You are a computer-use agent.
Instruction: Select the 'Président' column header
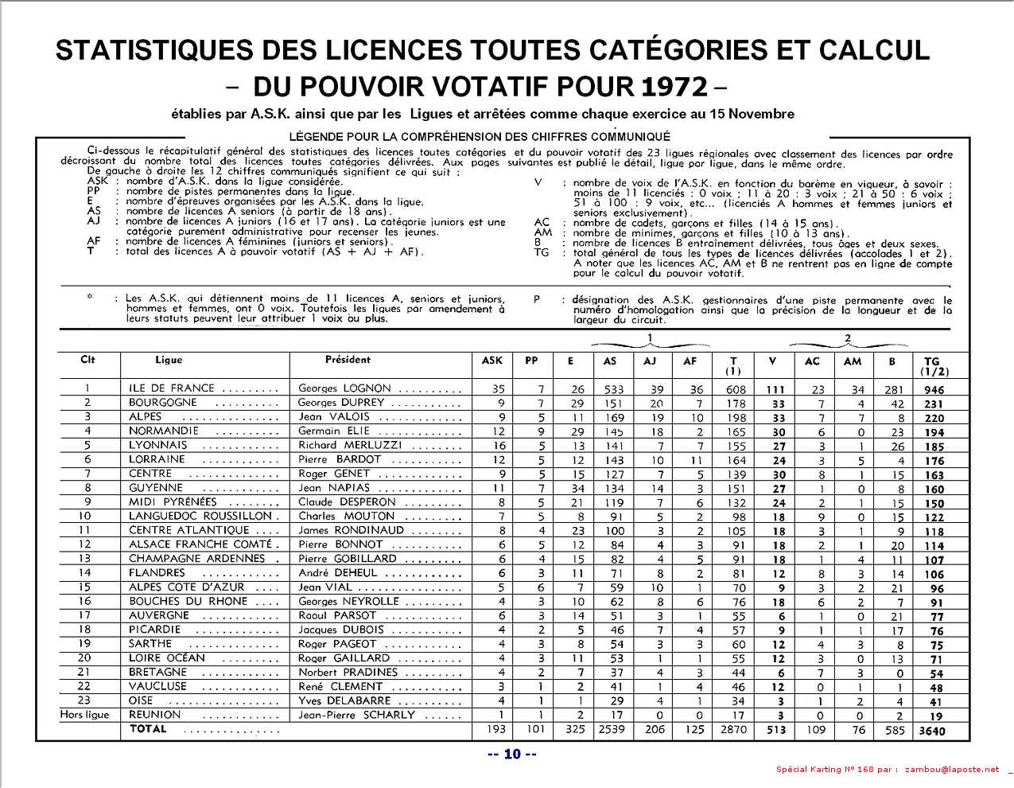(x=348, y=360)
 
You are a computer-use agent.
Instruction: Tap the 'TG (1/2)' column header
(x=932, y=366)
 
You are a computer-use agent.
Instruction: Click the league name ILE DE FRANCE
(x=172, y=388)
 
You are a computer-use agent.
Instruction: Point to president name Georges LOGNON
(x=344, y=388)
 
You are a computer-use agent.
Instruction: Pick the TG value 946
(x=934, y=390)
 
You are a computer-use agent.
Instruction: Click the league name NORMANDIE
(x=164, y=431)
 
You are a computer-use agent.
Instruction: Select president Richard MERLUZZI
(x=350, y=445)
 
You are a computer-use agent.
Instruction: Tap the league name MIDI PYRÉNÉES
(x=173, y=502)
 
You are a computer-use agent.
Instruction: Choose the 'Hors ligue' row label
(x=84, y=715)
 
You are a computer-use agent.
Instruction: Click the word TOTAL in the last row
(x=148, y=728)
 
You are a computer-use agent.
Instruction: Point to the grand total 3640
(x=931, y=730)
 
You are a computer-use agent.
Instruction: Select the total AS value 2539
(x=612, y=729)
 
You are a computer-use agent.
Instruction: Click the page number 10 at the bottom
(x=511, y=754)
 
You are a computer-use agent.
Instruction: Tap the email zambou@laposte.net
(x=952, y=770)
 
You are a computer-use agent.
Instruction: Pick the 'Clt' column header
(x=87, y=360)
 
